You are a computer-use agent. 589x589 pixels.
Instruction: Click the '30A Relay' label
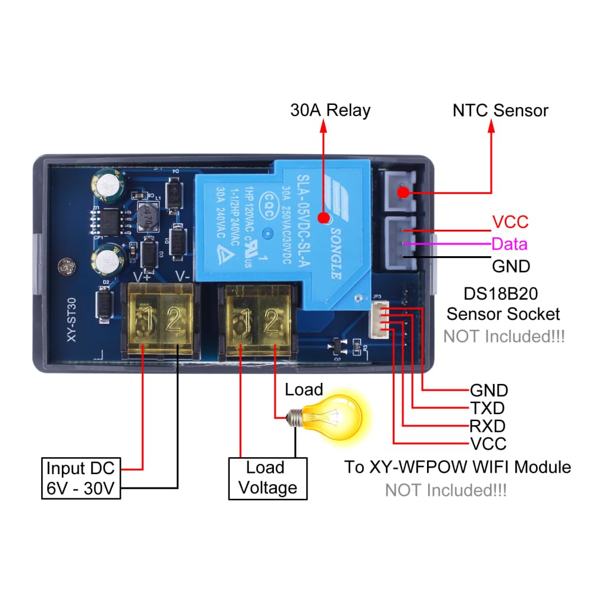point(330,111)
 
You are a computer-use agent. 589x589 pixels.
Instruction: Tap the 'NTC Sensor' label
point(500,111)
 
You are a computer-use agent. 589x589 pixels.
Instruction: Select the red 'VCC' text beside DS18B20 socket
point(510,222)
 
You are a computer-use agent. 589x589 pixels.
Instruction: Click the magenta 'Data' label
point(509,244)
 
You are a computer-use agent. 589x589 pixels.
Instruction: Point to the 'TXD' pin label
point(487,408)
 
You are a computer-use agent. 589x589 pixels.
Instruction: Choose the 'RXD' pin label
point(487,425)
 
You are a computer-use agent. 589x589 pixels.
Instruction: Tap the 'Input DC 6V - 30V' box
point(81,479)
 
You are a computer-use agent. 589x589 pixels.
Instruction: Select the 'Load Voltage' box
point(264,478)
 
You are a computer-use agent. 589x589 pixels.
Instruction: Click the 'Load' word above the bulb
point(304,389)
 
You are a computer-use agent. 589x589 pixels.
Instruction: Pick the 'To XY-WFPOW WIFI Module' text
point(457,467)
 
